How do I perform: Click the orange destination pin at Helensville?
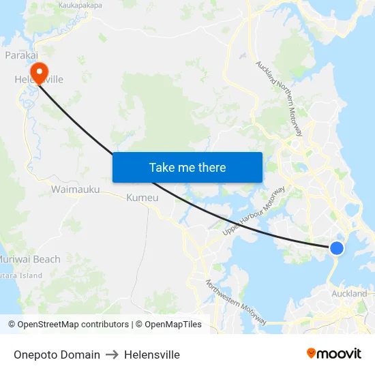(x=39, y=70)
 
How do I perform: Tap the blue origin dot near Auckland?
(x=336, y=247)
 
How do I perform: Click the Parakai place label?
(x=20, y=55)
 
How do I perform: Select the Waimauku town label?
(x=76, y=190)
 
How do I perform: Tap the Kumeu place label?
(x=142, y=198)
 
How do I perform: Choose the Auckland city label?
(x=349, y=294)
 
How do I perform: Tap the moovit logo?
(x=334, y=354)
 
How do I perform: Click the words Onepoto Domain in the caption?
(x=57, y=355)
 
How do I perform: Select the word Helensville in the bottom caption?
(x=152, y=355)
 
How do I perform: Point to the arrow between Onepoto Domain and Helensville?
(x=112, y=355)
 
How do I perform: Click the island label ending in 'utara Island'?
(x=21, y=275)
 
